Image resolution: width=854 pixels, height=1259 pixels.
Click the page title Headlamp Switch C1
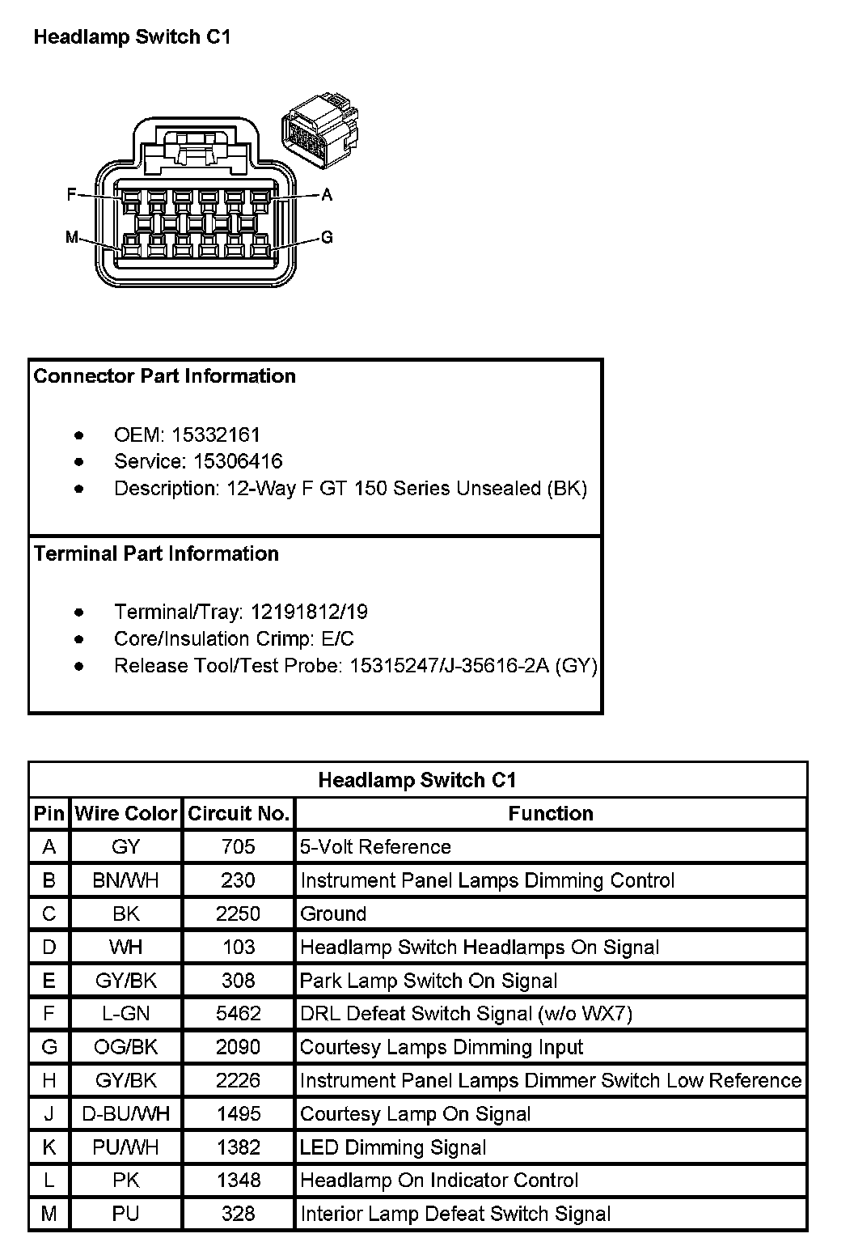[132, 36]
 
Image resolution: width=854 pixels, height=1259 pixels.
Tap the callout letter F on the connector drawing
[71, 194]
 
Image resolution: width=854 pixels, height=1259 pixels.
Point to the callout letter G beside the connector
[327, 237]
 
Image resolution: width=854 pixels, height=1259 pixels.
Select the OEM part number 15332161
[216, 435]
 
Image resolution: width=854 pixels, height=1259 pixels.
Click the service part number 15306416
[238, 461]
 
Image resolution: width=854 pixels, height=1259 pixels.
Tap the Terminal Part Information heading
[156, 553]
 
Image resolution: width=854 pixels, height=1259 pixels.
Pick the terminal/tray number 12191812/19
[309, 612]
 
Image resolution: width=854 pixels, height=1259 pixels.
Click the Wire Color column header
[126, 813]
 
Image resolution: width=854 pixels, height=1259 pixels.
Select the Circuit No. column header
[239, 813]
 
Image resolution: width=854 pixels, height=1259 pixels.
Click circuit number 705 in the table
[238, 847]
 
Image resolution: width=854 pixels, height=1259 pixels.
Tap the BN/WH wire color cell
[126, 880]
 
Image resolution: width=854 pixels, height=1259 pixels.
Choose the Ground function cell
[333, 914]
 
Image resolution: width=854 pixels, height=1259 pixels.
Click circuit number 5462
[238, 1014]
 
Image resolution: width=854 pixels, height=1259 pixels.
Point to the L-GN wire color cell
[126, 1014]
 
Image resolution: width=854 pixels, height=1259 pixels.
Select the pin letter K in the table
[49, 1147]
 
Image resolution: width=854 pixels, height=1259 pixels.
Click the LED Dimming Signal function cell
[393, 1147]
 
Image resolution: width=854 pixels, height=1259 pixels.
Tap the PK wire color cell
[126, 1181]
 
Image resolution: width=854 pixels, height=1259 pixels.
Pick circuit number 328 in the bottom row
[238, 1214]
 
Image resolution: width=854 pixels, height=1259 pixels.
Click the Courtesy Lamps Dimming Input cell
[442, 1047]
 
